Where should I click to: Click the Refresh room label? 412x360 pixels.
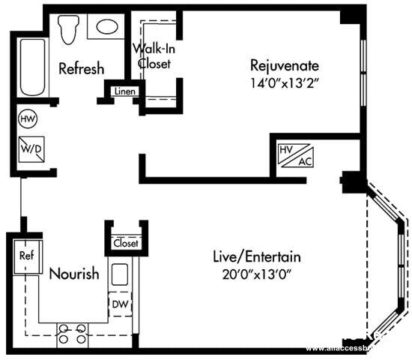81,69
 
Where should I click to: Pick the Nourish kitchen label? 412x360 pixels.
73,274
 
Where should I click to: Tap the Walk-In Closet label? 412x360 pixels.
154,56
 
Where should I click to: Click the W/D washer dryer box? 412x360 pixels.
30,148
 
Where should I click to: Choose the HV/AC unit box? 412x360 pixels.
294,155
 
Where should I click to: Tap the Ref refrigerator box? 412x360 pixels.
26,255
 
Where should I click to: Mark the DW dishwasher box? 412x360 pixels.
120,304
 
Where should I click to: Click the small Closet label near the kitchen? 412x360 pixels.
125,243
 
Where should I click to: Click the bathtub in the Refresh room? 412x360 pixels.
32,67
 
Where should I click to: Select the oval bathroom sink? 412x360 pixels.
106,27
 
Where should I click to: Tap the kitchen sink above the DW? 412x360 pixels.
120,274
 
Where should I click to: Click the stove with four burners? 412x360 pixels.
72,334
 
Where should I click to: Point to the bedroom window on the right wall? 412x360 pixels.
363,71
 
